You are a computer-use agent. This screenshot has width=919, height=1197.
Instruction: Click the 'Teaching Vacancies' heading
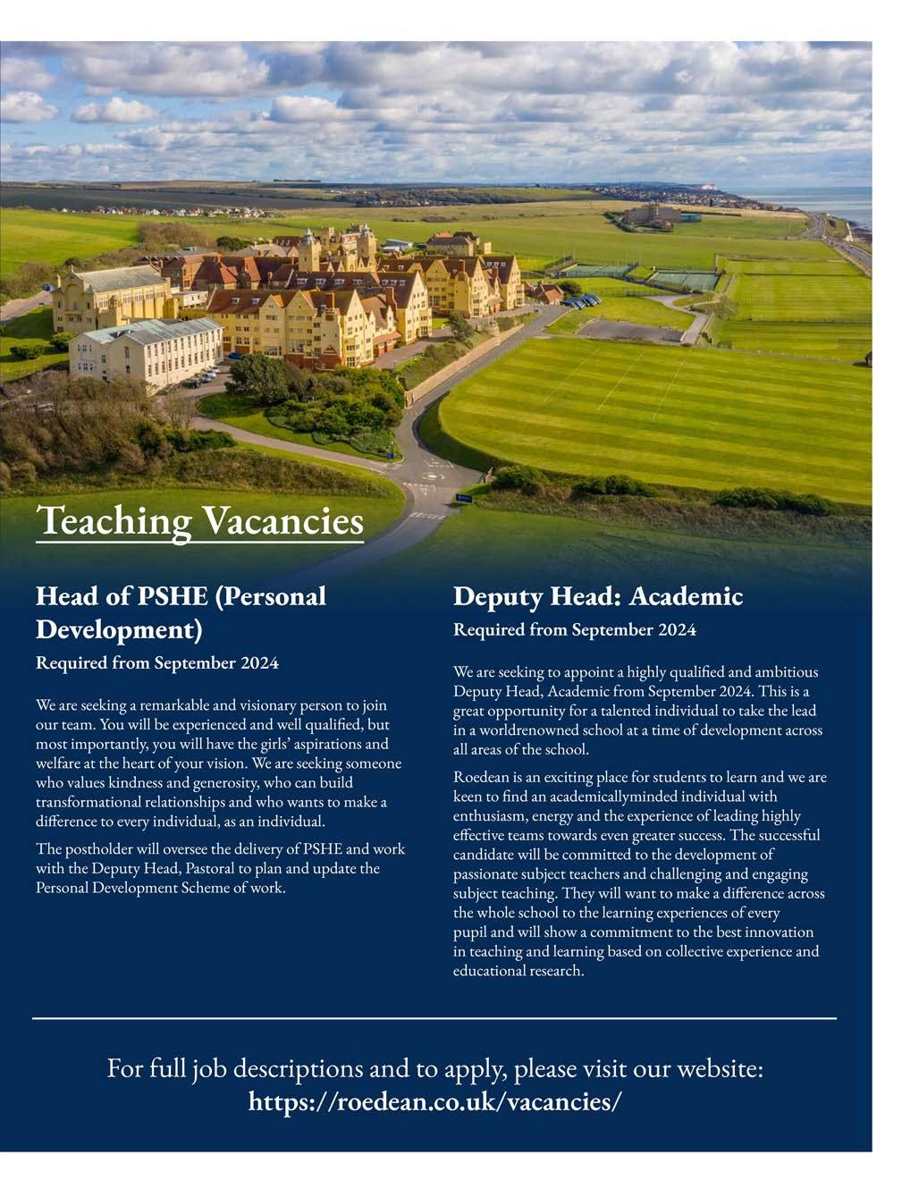click(x=199, y=520)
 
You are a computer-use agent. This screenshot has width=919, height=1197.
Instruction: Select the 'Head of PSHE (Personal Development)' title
click(x=181, y=612)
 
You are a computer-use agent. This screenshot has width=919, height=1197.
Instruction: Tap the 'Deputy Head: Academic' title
click(x=597, y=596)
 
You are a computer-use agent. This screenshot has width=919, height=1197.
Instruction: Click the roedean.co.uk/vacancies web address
click(x=434, y=1100)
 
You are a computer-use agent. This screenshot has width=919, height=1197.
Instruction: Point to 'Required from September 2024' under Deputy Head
click(x=574, y=630)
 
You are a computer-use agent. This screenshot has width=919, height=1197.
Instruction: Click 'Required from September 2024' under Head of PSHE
click(x=156, y=663)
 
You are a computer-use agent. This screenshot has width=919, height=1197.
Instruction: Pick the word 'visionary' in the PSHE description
click(x=269, y=706)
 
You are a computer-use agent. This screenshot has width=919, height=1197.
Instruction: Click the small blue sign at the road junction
click(x=463, y=497)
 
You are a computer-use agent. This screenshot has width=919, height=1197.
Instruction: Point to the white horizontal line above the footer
click(x=434, y=1018)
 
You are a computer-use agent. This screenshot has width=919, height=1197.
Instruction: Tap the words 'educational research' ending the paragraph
click(x=518, y=971)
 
